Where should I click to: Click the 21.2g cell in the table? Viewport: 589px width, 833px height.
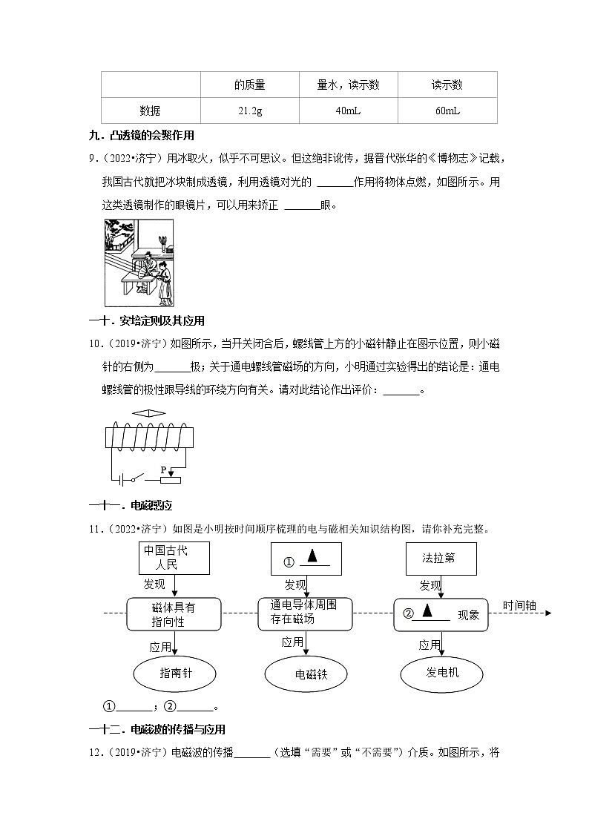tap(249, 111)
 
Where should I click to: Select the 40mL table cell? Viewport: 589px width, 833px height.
tap(348, 111)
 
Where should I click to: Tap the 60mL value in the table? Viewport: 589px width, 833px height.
tap(447, 111)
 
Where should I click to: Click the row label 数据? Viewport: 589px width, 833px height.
tap(150, 111)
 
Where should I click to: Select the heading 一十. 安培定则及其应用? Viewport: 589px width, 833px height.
tap(146, 320)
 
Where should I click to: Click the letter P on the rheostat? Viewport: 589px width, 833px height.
tap(163, 470)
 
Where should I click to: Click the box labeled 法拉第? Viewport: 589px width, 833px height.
tap(438, 558)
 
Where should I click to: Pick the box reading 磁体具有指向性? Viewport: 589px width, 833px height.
tap(174, 614)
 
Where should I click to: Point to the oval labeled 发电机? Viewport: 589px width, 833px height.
tap(442, 673)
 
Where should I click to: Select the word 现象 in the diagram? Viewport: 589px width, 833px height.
tap(468, 614)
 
